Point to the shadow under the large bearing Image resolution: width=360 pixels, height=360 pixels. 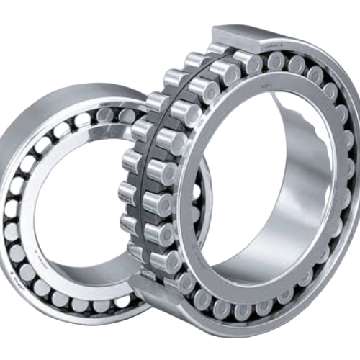[238, 338]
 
